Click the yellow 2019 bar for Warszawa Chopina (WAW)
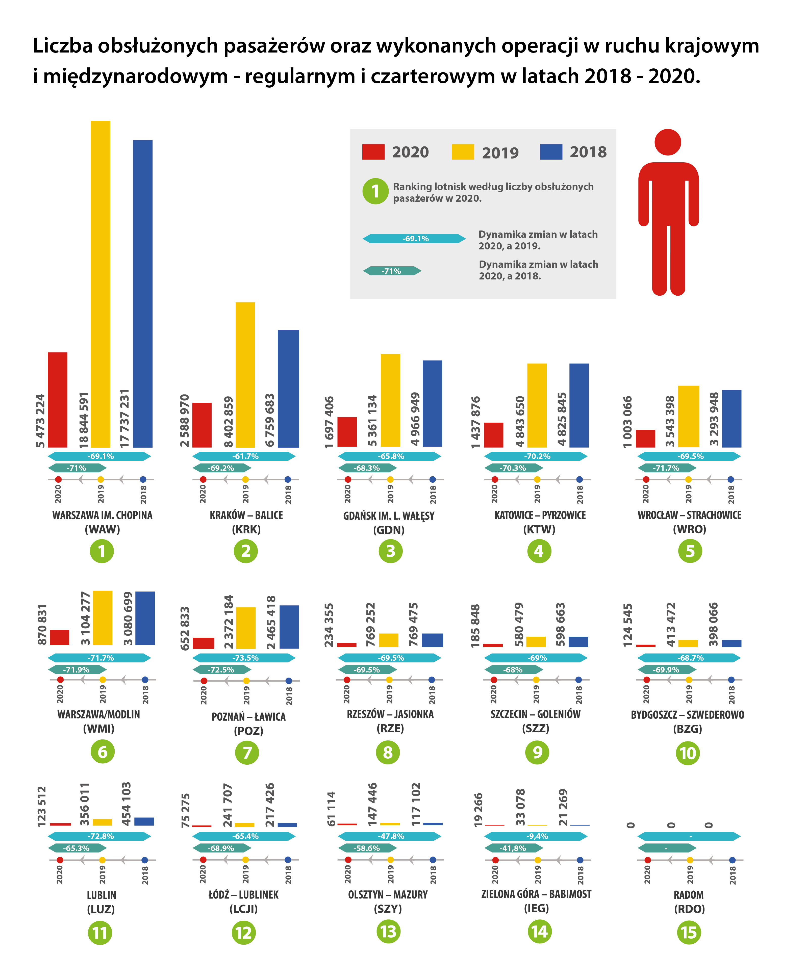point(100,283)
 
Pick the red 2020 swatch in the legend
point(373,152)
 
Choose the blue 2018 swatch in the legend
point(551,152)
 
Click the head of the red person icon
point(668,142)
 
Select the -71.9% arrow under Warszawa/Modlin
point(77,669)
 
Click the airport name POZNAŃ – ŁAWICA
point(248,716)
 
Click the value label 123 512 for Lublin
point(42,806)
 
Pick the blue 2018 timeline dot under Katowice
point(579,479)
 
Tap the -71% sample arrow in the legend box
point(391,271)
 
